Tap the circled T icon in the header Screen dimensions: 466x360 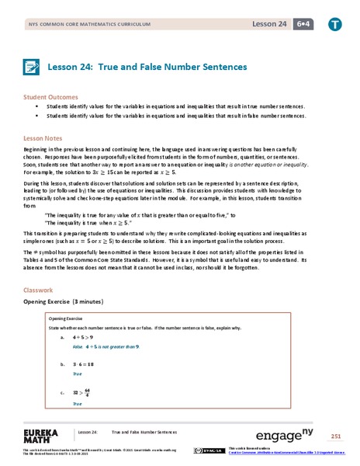point(333,25)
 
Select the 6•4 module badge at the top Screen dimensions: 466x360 point(298,25)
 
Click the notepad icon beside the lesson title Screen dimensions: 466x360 point(33,67)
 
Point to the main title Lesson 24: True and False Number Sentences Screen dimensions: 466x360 point(147,67)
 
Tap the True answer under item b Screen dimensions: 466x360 point(77,374)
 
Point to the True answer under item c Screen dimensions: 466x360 point(77,404)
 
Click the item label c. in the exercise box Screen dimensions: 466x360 point(62,393)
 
